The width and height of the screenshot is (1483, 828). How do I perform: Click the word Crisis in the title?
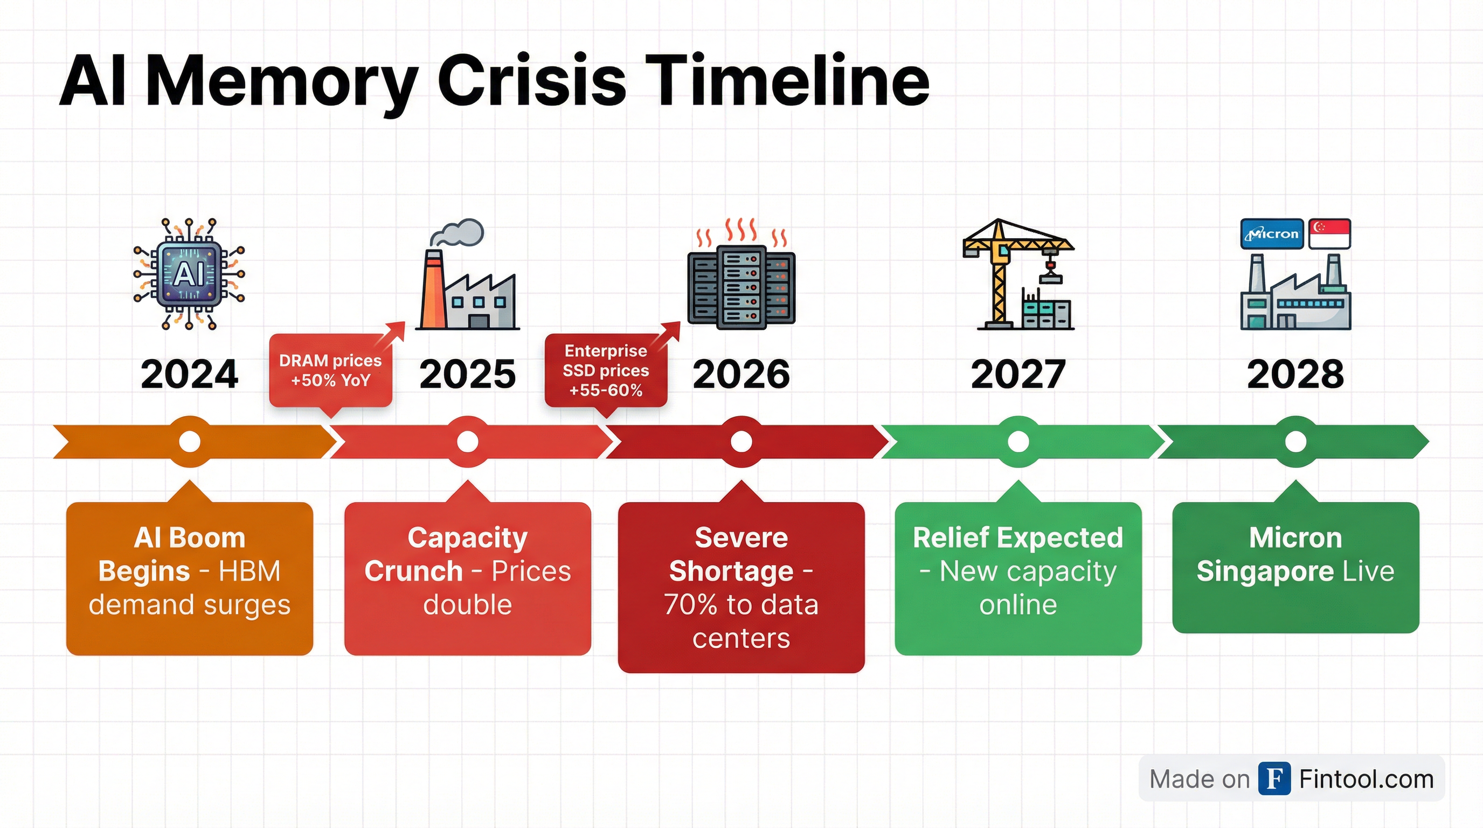pyautogui.click(x=531, y=82)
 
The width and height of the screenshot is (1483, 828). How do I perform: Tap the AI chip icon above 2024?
pyautogui.click(x=189, y=274)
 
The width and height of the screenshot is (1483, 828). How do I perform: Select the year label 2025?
pyautogui.click(x=467, y=374)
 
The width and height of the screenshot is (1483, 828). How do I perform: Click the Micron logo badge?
pyautogui.click(x=1271, y=234)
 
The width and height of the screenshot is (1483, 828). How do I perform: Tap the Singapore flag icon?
pyautogui.click(x=1329, y=234)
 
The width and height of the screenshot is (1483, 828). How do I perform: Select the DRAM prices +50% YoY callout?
pyautogui.click(x=330, y=370)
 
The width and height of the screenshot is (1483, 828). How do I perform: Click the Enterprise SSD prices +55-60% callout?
pyautogui.click(x=606, y=370)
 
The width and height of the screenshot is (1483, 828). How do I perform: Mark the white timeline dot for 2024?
pyautogui.click(x=189, y=441)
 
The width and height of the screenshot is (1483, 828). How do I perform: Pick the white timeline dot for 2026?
pyautogui.click(x=741, y=441)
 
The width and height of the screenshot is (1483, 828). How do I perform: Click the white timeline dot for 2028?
pyautogui.click(x=1295, y=441)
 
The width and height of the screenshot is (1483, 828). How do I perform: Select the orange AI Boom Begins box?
pyautogui.click(x=189, y=578)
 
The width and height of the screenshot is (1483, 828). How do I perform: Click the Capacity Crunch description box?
pyautogui.click(x=467, y=578)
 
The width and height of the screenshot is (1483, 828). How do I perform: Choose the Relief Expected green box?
pyautogui.click(x=1018, y=578)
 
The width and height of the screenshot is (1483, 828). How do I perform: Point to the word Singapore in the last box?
pyautogui.click(x=1265, y=571)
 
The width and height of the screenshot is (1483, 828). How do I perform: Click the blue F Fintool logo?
pyautogui.click(x=1274, y=778)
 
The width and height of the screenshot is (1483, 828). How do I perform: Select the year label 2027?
pyautogui.click(x=1018, y=374)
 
